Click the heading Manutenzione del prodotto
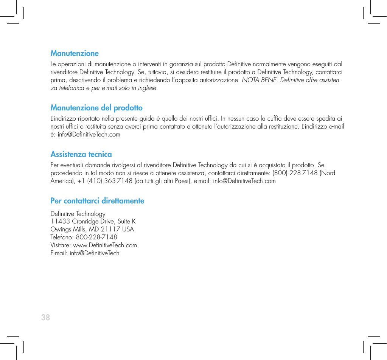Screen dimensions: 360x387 coord(96,108)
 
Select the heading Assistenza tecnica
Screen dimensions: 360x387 coord(81,154)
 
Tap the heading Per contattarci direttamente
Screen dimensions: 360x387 coord(97,201)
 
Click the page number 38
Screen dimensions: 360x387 coord(45,318)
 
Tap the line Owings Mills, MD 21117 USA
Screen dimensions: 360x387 coord(92,230)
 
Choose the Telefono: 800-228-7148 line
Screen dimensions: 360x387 coord(84,237)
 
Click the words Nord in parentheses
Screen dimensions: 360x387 coord(328,173)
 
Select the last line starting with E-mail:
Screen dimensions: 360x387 coord(85,253)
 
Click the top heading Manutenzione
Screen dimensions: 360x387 coord(75,53)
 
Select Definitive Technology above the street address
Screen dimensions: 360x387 coord(78,214)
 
